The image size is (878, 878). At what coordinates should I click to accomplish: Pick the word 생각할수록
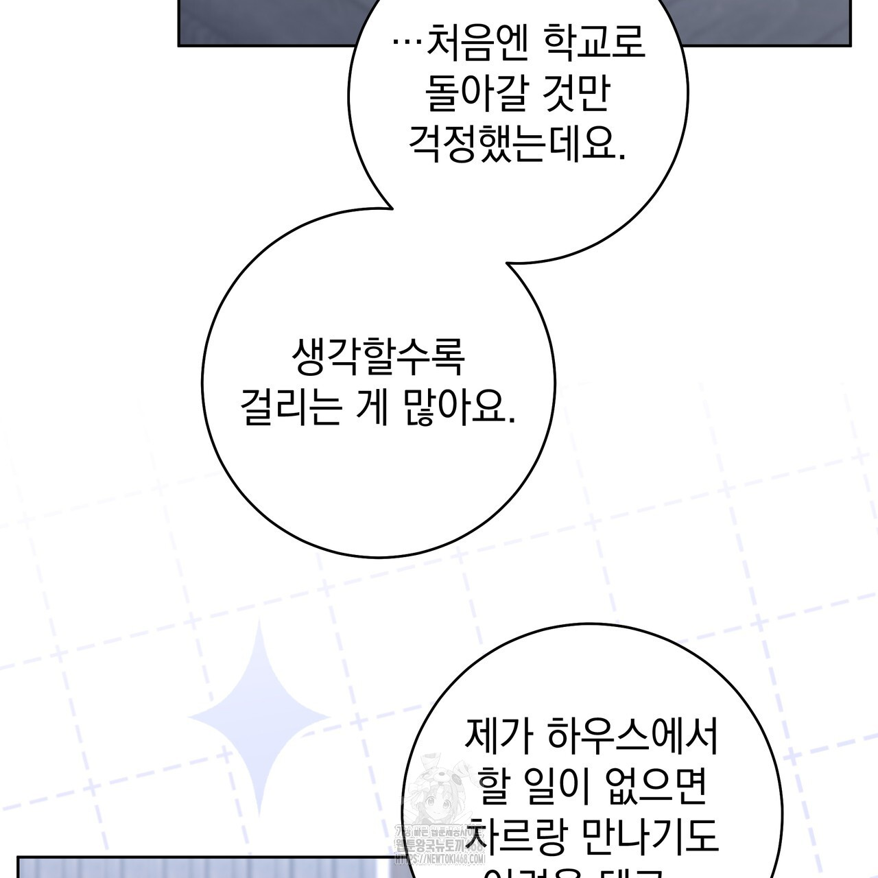click(x=379, y=358)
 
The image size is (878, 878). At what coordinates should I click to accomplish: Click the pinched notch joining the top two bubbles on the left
click(x=391, y=206)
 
